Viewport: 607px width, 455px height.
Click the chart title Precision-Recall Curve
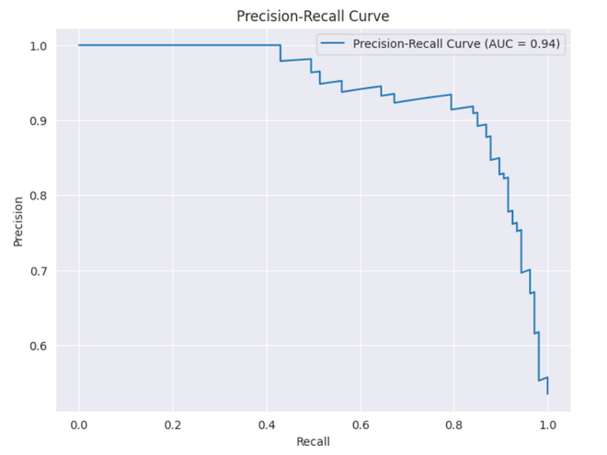[313, 16]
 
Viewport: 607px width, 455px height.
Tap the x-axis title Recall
[313, 441]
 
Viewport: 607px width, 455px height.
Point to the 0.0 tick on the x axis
[79, 425]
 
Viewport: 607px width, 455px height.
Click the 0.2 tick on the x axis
[173, 425]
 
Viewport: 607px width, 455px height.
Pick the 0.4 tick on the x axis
[267, 425]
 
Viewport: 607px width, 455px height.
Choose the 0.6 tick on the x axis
[361, 425]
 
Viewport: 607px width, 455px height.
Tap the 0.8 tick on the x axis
[454, 425]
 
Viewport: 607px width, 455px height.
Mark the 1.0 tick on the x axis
[548, 425]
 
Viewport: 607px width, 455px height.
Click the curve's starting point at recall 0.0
[79, 45]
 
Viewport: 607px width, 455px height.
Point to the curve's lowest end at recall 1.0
[548, 393]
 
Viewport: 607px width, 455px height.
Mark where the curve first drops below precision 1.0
[281, 52]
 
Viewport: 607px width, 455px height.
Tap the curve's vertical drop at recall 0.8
[452, 102]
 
